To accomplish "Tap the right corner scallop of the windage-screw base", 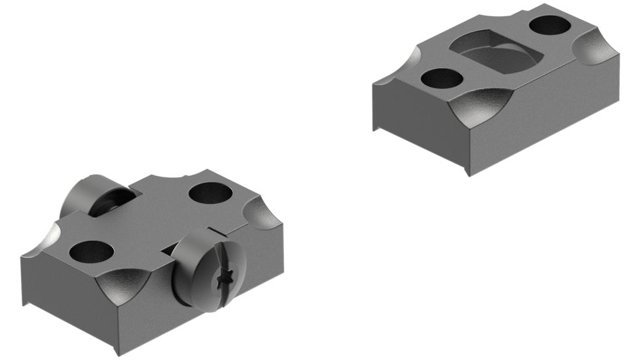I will tap(265, 216).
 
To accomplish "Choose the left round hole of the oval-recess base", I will tap(442, 79).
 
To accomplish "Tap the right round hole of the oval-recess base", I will tap(551, 26).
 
